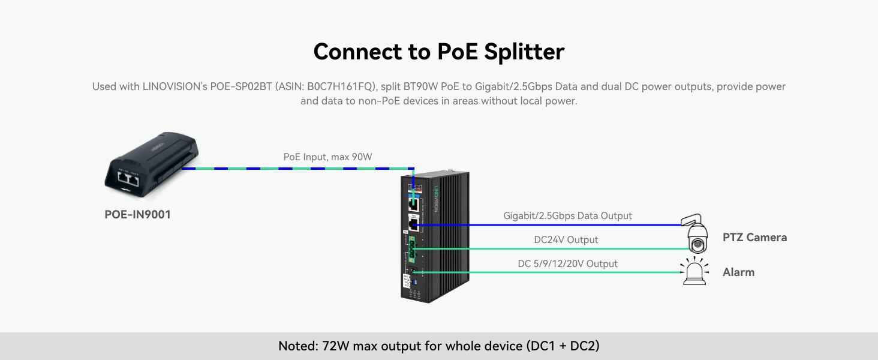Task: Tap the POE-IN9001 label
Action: point(137,214)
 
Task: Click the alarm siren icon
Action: point(693,272)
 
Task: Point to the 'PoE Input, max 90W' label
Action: point(327,157)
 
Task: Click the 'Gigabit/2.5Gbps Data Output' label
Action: point(567,215)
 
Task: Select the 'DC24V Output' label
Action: point(566,239)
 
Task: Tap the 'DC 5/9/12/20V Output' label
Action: point(567,263)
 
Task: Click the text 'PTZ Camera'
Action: point(754,237)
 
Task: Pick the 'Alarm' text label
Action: point(738,272)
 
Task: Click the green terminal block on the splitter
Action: point(412,248)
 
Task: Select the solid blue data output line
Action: point(552,224)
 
